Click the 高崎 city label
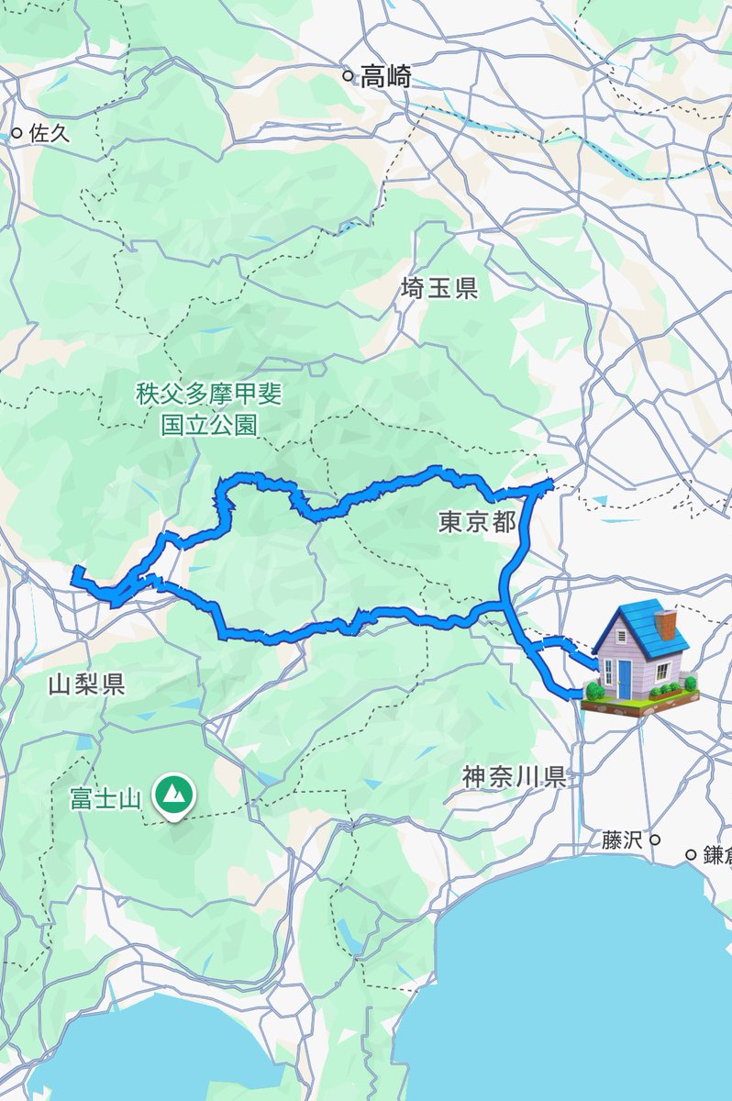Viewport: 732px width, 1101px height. [x=385, y=77]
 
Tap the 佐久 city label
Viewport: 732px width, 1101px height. [x=50, y=133]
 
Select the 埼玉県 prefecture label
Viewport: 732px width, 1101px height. [x=439, y=290]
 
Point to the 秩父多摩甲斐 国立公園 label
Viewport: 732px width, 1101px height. [x=209, y=409]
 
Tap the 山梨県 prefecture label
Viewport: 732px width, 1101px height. [x=87, y=684]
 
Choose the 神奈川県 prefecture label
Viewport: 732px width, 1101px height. [x=514, y=778]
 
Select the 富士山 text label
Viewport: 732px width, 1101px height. [x=105, y=798]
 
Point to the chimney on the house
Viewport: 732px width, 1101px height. [x=668, y=624]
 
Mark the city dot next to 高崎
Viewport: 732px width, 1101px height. [x=348, y=76]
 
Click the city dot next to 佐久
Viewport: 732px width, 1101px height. [x=17, y=133]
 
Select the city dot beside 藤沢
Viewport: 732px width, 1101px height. [x=655, y=840]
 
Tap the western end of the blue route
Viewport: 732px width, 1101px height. [x=75, y=573]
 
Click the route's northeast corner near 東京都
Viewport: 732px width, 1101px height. [x=549, y=483]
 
